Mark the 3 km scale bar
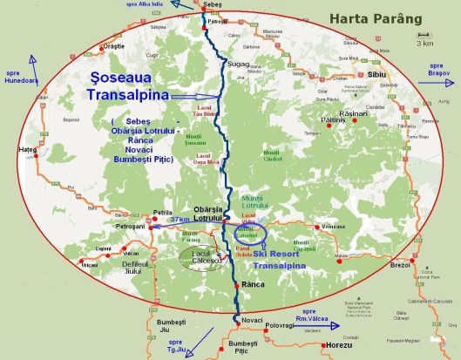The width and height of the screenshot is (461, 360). point(424,40)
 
